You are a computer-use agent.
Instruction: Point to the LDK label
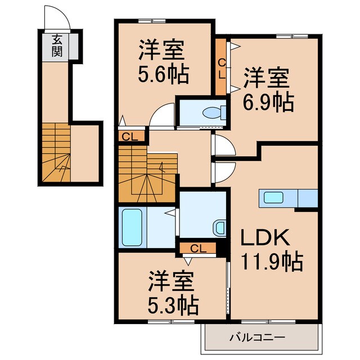tap(265, 238)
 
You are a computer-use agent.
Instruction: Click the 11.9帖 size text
tap(272, 261)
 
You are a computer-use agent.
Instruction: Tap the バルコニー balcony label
tap(257, 337)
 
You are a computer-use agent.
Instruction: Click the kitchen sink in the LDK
tap(274, 198)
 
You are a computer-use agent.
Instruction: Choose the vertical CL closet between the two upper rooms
tap(221, 67)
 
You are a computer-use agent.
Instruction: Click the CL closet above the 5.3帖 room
tap(194, 247)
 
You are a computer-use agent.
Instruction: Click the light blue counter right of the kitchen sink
tap(308, 198)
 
